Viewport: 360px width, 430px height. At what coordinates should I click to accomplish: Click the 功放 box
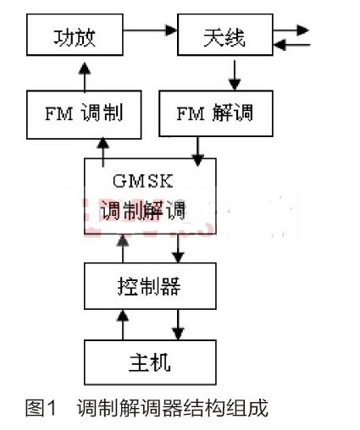[x=75, y=35]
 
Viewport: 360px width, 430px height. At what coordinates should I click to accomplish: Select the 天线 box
[x=225, y=35]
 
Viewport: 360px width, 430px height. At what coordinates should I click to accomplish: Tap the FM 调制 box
[x=84, y=114]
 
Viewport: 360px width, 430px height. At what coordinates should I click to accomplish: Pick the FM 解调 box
[x=216, y=113]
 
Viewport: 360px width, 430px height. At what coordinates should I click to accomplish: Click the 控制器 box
[x=150, y=286]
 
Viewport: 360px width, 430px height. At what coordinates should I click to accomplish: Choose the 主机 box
[x=150, y=362]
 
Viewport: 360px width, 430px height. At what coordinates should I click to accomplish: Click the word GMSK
[x=142, y=181]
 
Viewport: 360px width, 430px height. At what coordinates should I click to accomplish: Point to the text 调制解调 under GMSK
[x=143, y=210]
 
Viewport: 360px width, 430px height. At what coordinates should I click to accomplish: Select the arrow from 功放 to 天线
[x=150, y=30]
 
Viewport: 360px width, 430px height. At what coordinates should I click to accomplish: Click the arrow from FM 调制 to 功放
[x=85, y=76]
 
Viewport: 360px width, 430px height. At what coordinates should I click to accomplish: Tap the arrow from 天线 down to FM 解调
[x=235, y=75]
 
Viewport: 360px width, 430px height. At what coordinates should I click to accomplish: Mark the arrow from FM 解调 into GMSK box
[x=197, y=152]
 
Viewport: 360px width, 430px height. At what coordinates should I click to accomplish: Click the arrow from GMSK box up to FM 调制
[x=103, y=152]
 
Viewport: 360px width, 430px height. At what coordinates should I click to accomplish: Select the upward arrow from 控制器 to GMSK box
[x=123, y=249]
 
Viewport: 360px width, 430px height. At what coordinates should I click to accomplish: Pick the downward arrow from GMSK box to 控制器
[x=178, y=248]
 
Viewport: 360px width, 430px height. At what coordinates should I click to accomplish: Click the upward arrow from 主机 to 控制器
[x=123, y=325]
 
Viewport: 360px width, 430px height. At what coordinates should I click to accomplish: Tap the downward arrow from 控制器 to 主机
[x=178, y=324]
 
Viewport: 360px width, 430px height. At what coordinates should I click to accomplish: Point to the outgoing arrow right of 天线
[x=291, y=30]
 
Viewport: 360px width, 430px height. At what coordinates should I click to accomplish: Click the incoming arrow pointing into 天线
[x=292, y=45]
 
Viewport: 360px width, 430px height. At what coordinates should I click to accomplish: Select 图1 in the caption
[x=41, y=408]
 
